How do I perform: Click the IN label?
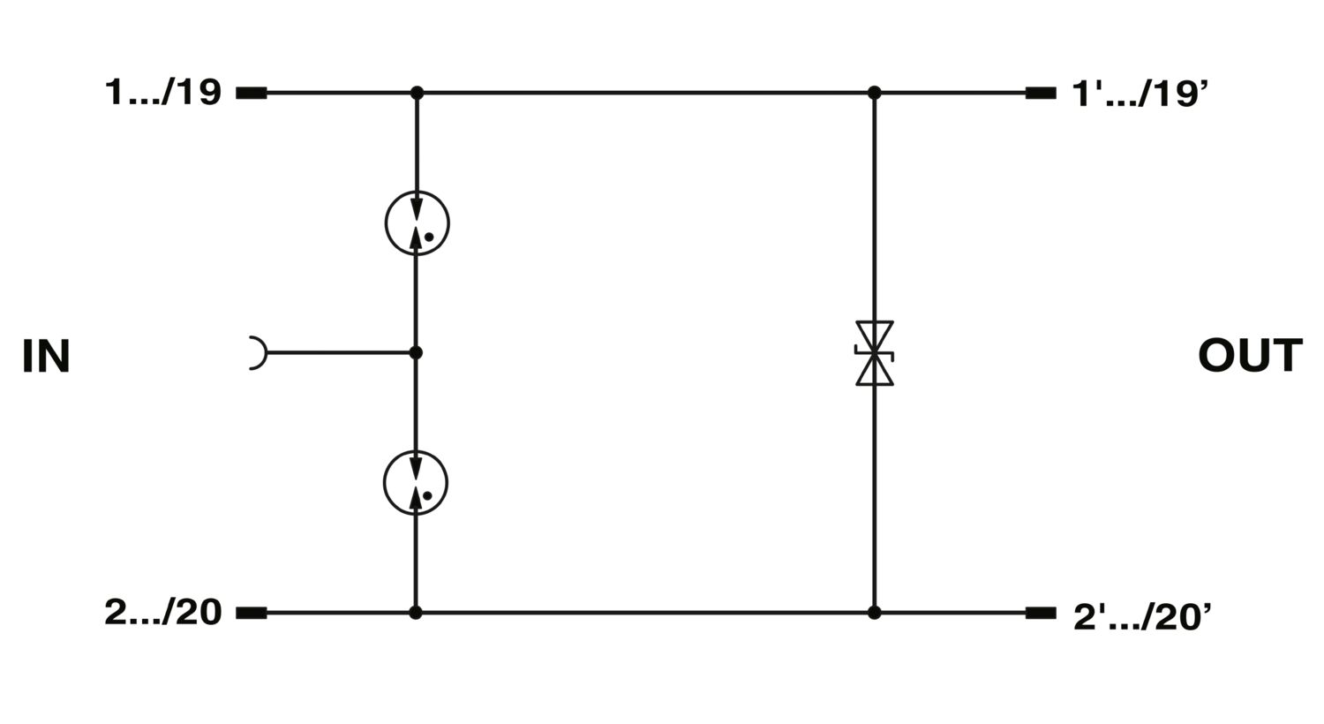click(x=46, y=356)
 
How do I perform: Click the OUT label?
click(x=1250, y=355)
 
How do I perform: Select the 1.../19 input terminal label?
click(x=162, y=92)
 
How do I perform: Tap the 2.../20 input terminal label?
click(x=163, y=612)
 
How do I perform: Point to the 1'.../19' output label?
click(x=1140, y=94)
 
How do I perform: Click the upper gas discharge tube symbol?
click(x=418, y=222)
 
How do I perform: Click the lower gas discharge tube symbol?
click(x=416, y=483)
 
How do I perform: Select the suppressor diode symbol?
click(x=875, y=353)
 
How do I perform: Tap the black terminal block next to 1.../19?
click(x=252, y=93)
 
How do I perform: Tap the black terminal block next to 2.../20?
click(x=252, y=613)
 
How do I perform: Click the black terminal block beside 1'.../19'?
click(x=1041, y=93)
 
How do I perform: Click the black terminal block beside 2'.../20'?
click(x=1041, y=613)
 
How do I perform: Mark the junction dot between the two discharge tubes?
click(x=416, y=353)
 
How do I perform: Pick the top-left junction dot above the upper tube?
click(x=418, y=93)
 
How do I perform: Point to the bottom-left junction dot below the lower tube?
click(x=416, y=613)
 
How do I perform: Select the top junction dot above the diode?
click(x=875, y=93)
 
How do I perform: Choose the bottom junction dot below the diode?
click(x=875, y=613)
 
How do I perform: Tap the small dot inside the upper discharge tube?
click(x=429, y=237)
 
